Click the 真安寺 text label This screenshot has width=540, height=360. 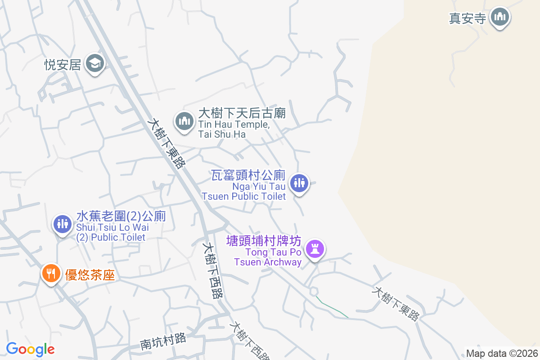pyautogui.click(x=468, y=18)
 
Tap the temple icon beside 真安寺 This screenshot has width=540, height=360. pyautogui.click(x=499, y=18)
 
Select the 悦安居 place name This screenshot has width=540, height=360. pyautogui.click(x=63, y=65)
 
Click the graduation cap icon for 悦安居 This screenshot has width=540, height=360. pyautogui.click(x=95, y=63)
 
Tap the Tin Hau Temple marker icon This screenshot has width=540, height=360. pyautogui.click(x=184, y=121)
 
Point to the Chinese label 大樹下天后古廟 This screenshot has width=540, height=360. pyautogui.click(x=242, y=113)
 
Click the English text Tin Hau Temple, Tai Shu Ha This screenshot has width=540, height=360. pyautogui.click(x=234, y=129)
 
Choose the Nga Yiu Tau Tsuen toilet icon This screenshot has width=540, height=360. pyautogui.click(x=299, y=183)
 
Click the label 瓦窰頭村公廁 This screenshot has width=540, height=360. pyautogui.click(x=249, y=175)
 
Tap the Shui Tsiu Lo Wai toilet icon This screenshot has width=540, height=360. pyautogui.click(x=62, y=223)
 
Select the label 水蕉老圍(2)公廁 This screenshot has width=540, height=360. pyautogui.click(x=121, y=216)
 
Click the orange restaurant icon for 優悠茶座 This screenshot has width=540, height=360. pyautogui.click(x=51, y=273)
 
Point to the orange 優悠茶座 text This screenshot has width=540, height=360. pyautogui.click(x=90, y=275)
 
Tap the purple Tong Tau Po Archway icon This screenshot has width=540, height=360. pyautogui.click(x=315, y=248)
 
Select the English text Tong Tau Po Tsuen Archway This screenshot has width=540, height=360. pyautogui.click(x=268, y=257)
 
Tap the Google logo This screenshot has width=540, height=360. pyautogui.click(x=30, y=349)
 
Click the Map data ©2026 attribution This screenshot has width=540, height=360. pyautogui.click(x=501, y=353)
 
